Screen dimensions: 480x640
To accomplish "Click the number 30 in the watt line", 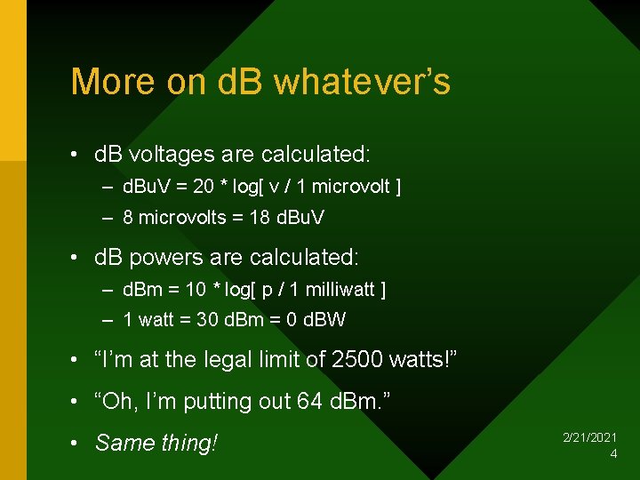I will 207,320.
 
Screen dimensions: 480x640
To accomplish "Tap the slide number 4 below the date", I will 613,454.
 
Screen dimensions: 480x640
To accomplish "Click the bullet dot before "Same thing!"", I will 77,443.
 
